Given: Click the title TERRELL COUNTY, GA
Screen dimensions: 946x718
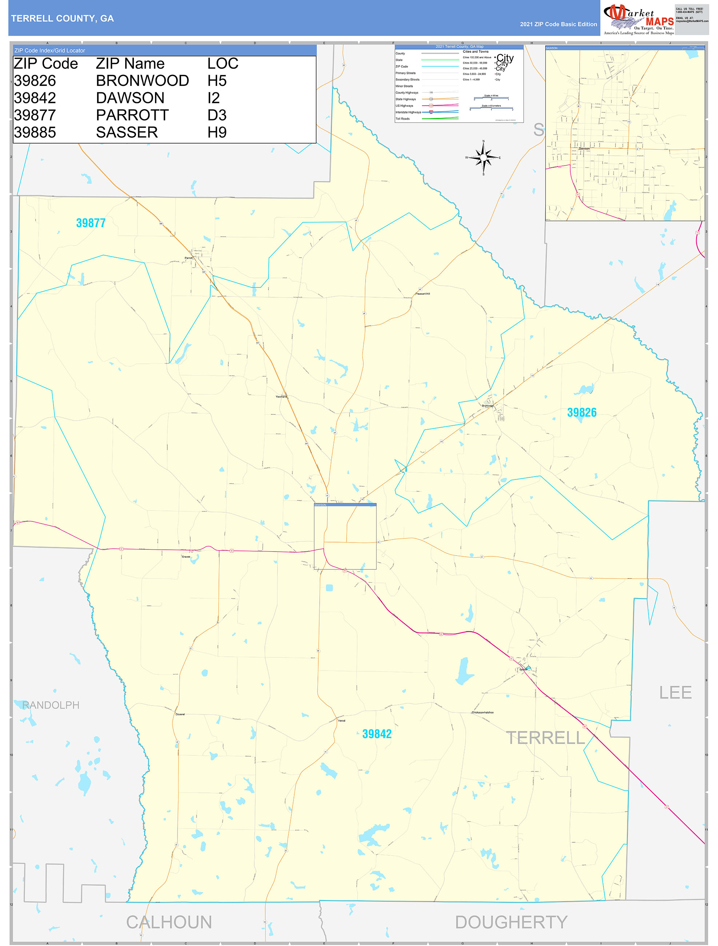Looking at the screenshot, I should (63, 19).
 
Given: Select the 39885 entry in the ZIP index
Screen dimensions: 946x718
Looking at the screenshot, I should (35, 132).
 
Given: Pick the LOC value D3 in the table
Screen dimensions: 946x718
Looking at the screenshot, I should (217, 115).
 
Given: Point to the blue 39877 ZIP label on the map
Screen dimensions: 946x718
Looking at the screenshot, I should (91, 223).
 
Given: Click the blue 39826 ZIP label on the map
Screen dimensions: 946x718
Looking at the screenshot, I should (581, 412).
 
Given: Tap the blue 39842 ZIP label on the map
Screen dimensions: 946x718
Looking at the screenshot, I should (376, 734).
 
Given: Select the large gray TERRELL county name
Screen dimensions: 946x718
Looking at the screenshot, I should (545, 738).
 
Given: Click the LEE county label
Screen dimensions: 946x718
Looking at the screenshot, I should (675, 692).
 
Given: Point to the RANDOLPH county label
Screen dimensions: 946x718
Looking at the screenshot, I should (51, 705).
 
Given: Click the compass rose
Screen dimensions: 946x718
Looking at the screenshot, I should (483, 158).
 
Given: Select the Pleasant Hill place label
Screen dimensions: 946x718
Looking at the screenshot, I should (423, 294).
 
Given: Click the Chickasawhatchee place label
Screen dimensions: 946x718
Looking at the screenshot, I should (482, 712).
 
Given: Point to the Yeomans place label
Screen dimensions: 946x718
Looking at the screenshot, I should (281, 397).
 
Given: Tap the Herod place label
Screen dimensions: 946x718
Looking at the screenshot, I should (341, 721).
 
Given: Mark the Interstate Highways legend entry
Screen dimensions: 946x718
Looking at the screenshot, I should (408, 112).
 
